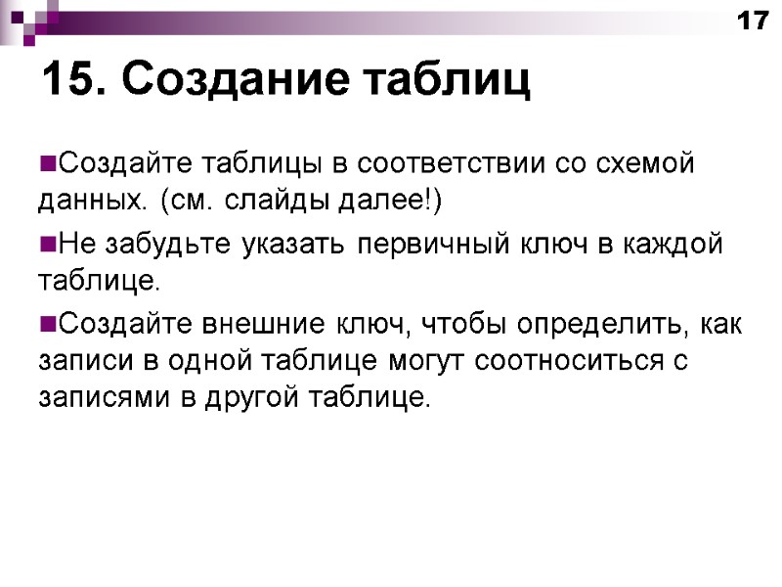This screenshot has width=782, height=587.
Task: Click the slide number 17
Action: click(x=753, y=21)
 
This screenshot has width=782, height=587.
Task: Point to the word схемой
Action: click(x=631, y=162)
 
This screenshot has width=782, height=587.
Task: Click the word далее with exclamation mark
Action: click(x=387, y=202)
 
